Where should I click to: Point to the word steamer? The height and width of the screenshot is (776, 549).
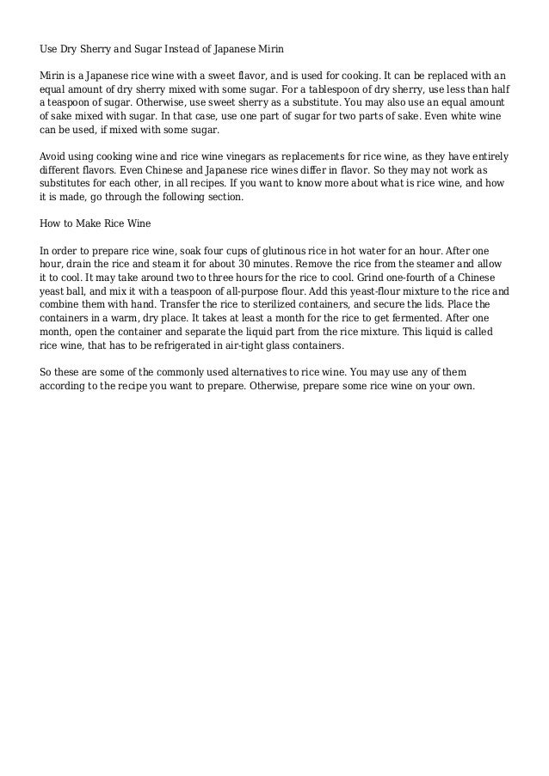click(397, 266)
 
